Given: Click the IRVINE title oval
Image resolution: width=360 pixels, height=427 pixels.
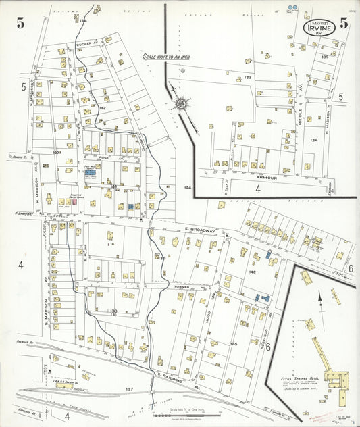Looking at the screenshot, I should click(x=316, y=29).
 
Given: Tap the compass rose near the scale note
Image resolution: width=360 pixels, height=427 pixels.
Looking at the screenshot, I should click(x=181, y=104).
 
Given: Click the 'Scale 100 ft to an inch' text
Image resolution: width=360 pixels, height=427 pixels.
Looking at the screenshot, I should click(x=165, y=57).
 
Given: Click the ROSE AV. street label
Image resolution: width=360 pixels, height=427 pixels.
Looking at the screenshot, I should click(x=105, y=157).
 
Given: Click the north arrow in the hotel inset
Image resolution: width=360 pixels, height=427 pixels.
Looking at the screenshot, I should click(x=319, y=297).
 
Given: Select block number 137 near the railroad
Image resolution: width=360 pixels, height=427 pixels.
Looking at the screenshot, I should click(x=130, y=389).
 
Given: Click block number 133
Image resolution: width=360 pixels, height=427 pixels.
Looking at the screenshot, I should click(x=247, y=78).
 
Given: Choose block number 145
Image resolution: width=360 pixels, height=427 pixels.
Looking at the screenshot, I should click(x=234, y=345).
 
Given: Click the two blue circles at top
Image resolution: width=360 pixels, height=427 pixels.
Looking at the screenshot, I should click(x=292, y=8).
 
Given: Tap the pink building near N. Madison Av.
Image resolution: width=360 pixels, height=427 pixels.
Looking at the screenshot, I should click(x=75, y=201).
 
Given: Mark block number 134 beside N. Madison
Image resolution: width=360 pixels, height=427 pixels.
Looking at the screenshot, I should click(x=313, y=140).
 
